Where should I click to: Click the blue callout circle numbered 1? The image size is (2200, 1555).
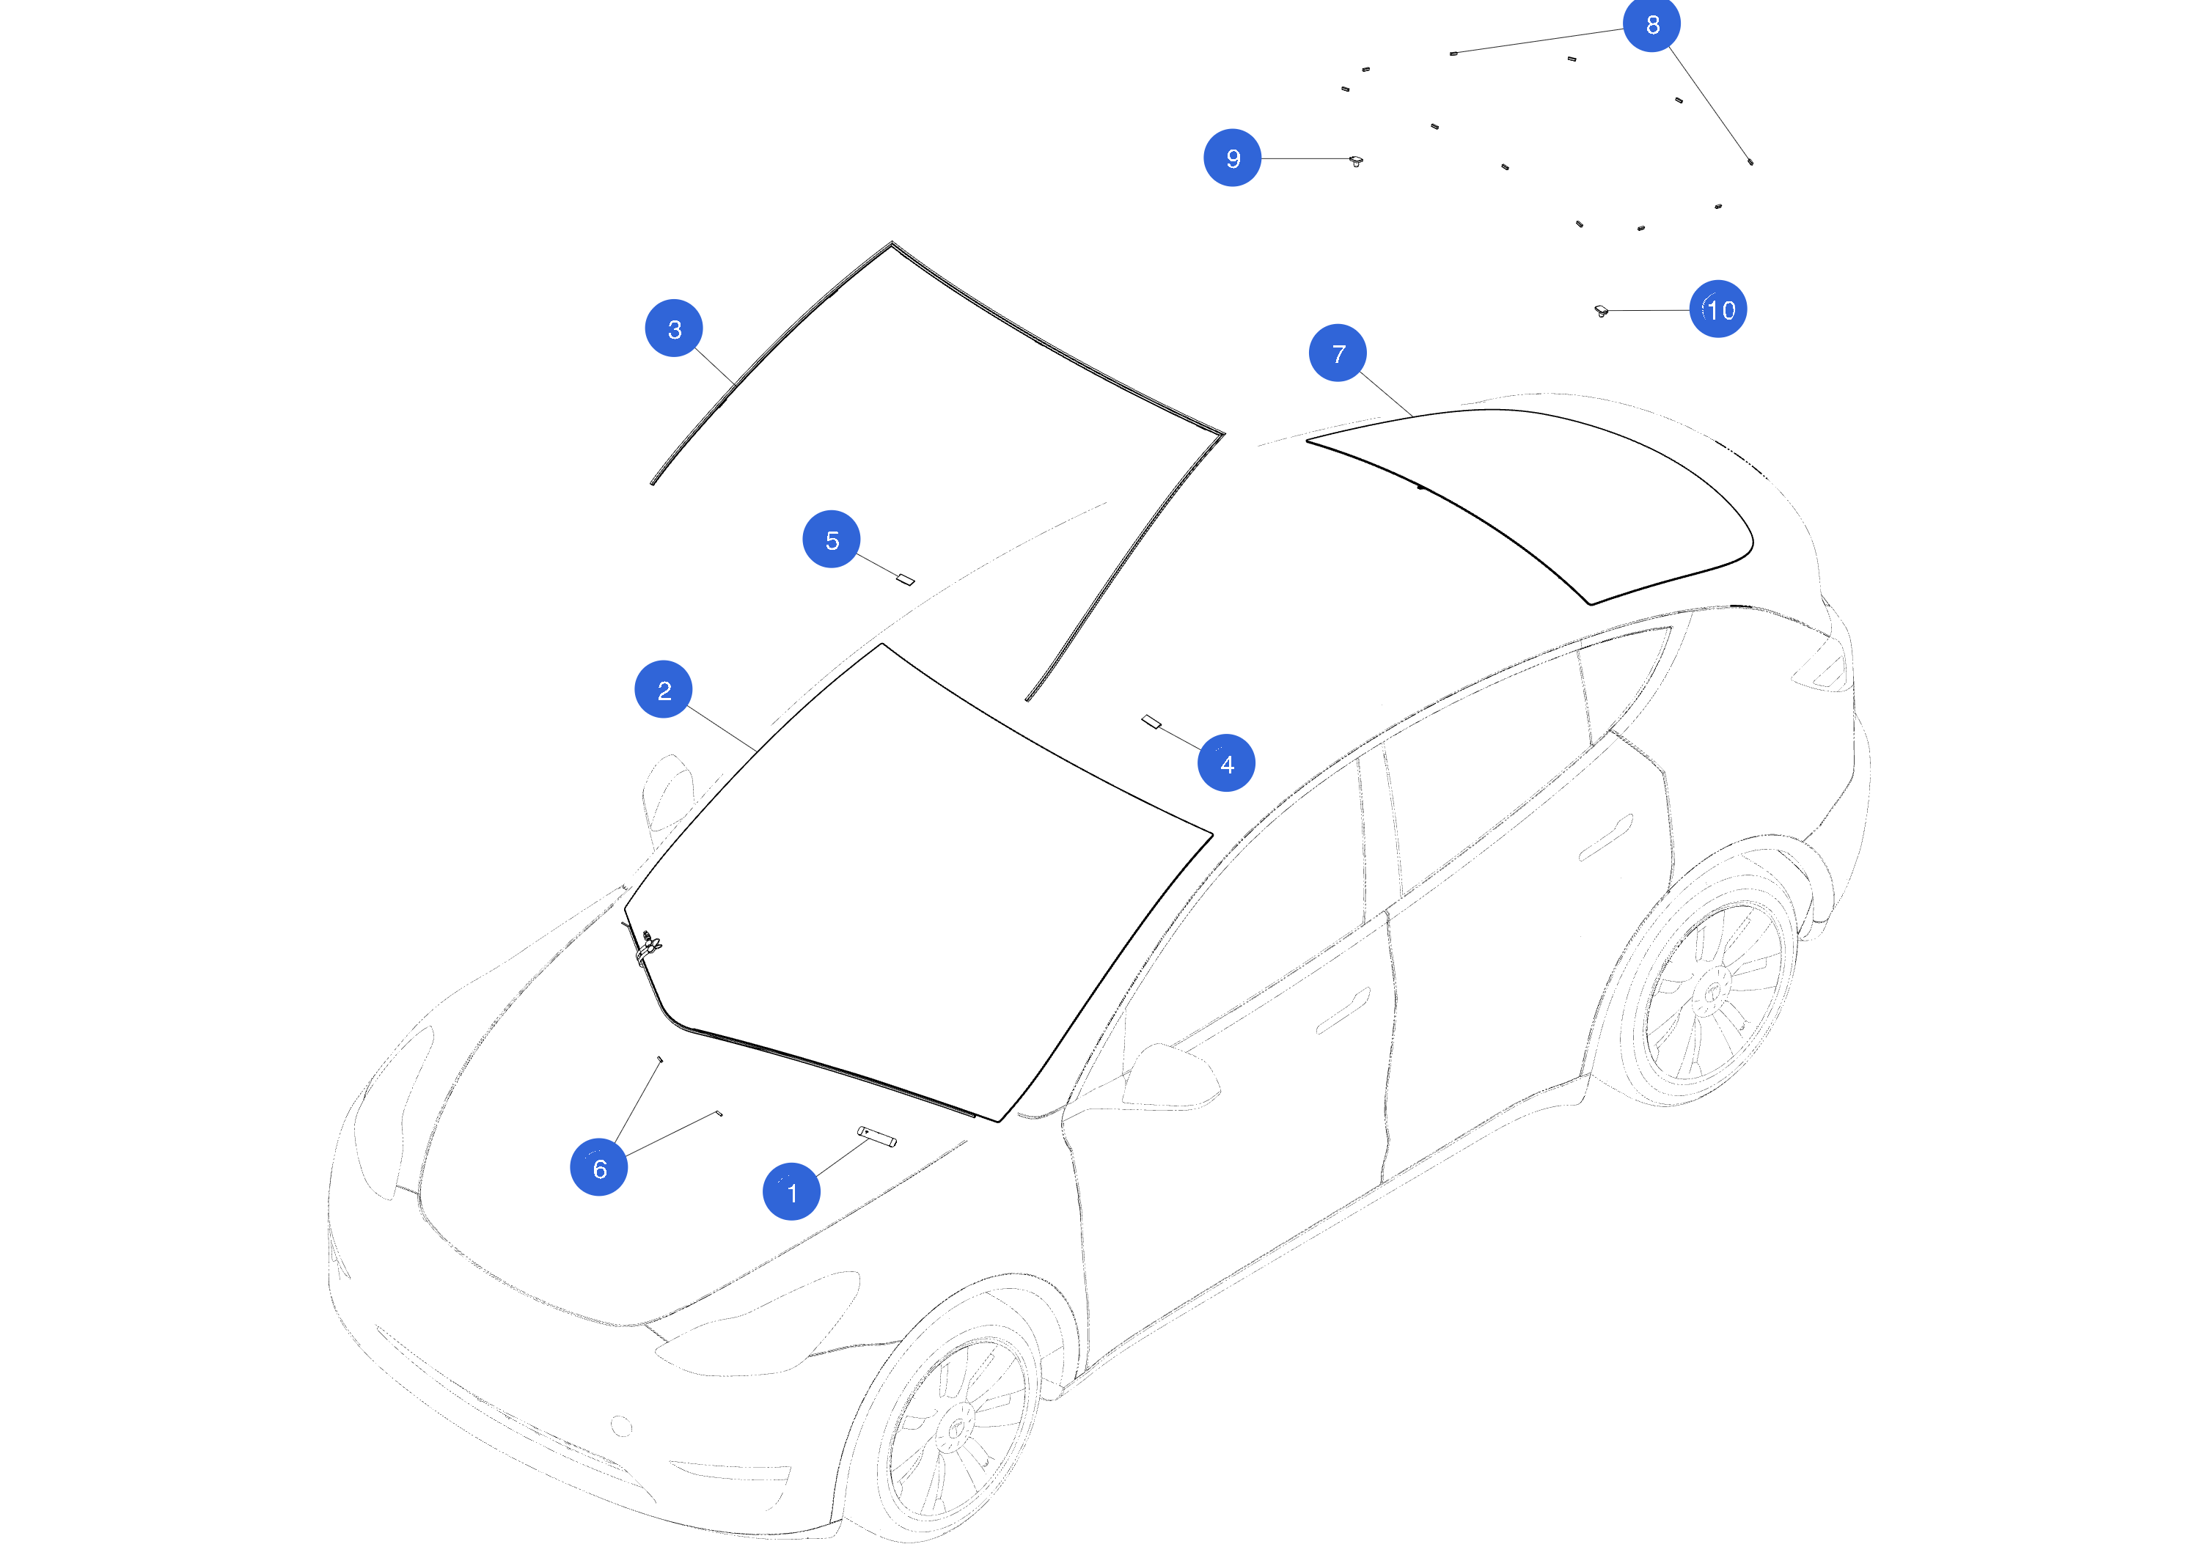coord(791,1192)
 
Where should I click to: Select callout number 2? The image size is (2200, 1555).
coord(663,689)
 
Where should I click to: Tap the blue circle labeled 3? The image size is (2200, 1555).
coord(674,328)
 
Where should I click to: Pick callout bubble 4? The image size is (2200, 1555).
coord(1226,764)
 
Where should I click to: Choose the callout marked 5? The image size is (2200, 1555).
coord(832,540)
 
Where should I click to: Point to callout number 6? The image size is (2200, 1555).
coord(599,1168)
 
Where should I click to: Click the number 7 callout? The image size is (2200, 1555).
coord(1338,353)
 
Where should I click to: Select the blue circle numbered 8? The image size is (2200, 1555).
coord(1652,24)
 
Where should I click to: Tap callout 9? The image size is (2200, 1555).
coord(1232,158)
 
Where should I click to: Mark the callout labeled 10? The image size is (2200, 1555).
coord(1718,309)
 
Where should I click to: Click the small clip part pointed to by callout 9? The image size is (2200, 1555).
coord(1356,160)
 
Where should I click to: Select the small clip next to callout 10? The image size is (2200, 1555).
coord(1600,310)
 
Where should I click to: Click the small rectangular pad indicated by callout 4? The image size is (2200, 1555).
coord(1151,721)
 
